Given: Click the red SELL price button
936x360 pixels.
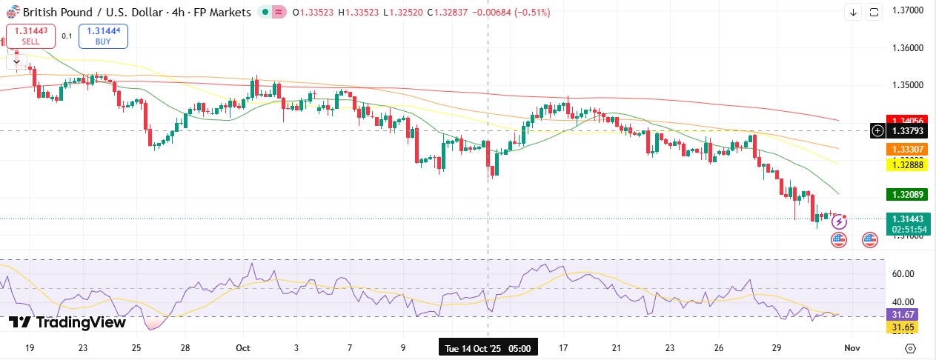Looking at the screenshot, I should (x=30, y=36).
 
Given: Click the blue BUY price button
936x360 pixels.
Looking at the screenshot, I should (x=103, y=36).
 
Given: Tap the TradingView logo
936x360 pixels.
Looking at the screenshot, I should (x=67, y=322).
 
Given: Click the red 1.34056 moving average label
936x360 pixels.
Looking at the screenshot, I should (x=908, y=121).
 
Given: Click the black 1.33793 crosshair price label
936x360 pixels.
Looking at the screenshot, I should (x=908, y=131).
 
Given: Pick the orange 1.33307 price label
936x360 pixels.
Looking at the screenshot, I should (x=908, y=149).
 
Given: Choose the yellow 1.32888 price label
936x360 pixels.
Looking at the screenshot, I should (x=908, y=165).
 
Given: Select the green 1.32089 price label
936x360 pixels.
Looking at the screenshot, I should (x=908, y=195).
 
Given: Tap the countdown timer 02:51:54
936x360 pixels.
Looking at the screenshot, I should (x=908, y=230).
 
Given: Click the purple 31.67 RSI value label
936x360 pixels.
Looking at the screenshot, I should (x=902, y=314).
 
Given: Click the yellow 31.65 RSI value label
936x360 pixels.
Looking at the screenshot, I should (x=902, y=327).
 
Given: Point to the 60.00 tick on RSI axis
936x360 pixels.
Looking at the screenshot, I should (x=903, y=274).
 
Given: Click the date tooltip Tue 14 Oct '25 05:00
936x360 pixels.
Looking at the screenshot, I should (x=488, y=347).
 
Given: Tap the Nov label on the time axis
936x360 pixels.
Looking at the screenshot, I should (x=852, y=347).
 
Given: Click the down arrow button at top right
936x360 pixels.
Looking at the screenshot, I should (x=853, y=12).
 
